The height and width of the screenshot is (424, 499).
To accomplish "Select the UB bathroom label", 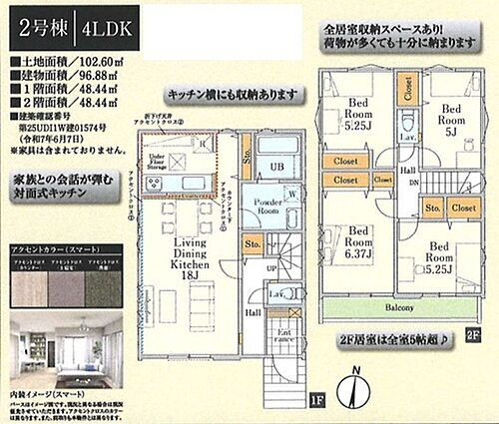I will coord(281,166).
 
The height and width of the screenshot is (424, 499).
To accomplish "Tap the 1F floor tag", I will coord(316,401).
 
